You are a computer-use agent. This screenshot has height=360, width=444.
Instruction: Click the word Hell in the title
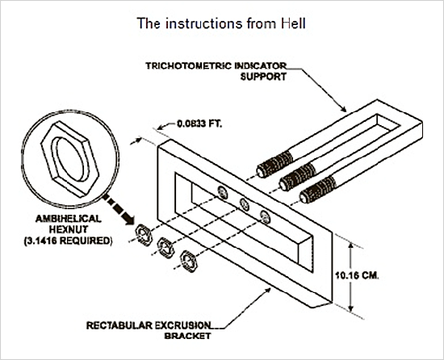click(293, 23)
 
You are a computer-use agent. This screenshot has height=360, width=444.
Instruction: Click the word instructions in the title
click(204, 23)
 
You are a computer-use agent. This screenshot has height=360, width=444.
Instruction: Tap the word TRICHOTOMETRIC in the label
click(188, 66)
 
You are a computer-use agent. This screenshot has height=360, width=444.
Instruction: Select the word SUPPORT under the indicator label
click(263, 77)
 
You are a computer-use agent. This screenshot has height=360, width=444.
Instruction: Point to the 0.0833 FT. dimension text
click(200, 123)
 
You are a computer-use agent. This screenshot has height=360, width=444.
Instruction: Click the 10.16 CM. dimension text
click(357, 275)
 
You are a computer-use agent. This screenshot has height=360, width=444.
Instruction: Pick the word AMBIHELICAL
click(69, 219)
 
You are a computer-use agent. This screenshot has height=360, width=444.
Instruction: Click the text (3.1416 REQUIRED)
click(68, 241)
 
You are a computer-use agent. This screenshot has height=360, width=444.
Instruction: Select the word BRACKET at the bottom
click(188, 336)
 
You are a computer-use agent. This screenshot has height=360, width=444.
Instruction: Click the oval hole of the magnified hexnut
click(71, 159)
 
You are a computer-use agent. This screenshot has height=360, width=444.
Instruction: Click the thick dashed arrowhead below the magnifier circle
click(128, 220)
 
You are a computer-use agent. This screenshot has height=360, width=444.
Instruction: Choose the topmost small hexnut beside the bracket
click(145, 235)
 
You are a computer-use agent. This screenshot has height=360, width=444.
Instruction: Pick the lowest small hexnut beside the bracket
click(189, 262)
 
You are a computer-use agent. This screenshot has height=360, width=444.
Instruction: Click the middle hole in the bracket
click(245, 204)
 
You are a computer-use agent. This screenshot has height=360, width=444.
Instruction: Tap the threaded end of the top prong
click(274, 165)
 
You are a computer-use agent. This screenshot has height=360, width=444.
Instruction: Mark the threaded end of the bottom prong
click(318, 190)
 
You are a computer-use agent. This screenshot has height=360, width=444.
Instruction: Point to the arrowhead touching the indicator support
click(343, 108)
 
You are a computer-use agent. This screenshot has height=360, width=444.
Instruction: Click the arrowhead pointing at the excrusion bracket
click(267, 291)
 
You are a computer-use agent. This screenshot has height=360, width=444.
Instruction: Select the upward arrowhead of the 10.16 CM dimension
click(351, 246)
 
